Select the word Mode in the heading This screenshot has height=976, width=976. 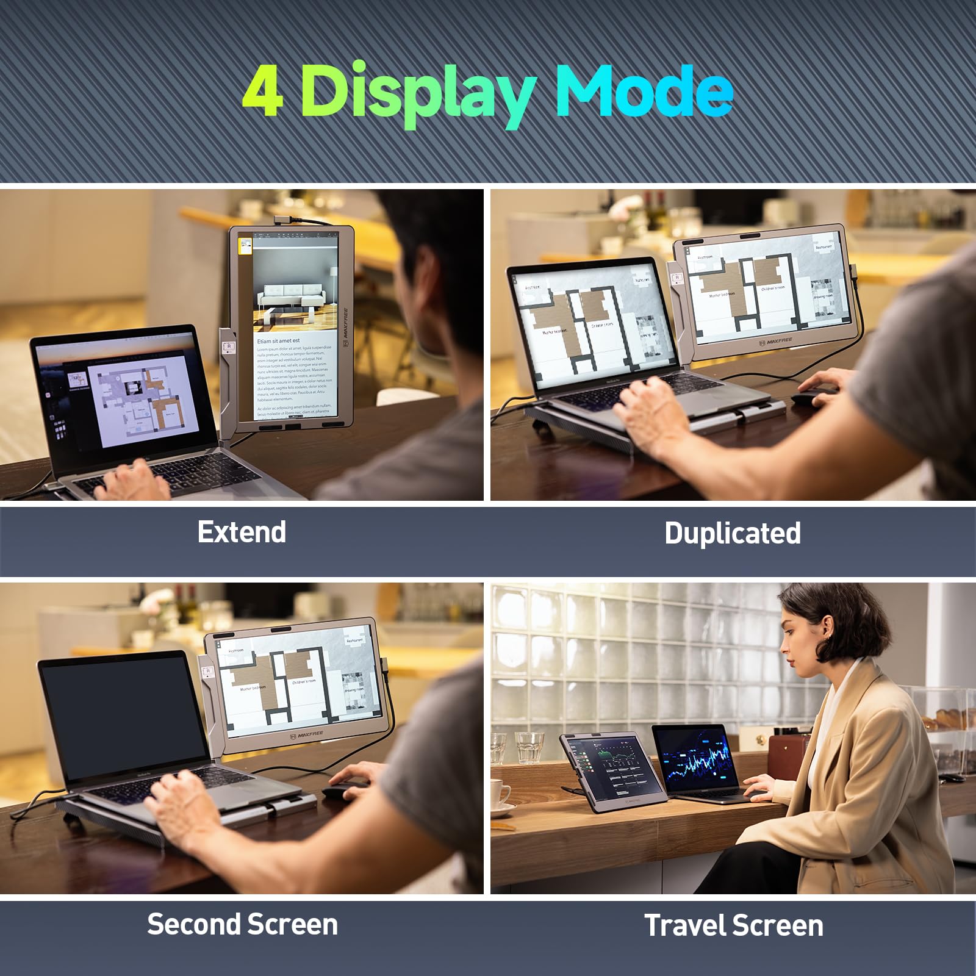coord(644,91)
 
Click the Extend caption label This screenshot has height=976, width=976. coord(242,532)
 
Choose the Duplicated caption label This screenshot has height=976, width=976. coord(732,533)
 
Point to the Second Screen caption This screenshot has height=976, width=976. coord(242,924)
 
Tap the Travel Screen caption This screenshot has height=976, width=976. coord(733,925)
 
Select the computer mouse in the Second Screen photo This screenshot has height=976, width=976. coord(345,791)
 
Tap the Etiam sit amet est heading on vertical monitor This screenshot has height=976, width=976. coord(278,340)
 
